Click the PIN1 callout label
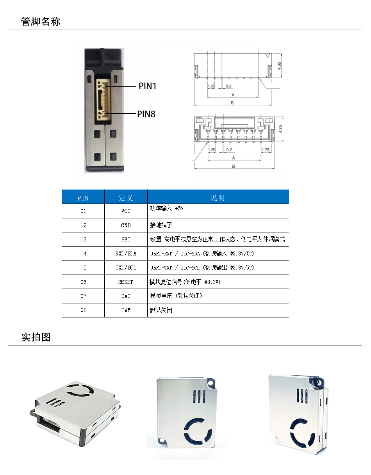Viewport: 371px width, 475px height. pyautogui.click(x=147, y=86)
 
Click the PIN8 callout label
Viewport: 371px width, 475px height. pyautogui.click(x=146, y=114)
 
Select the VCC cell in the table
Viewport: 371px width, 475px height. pyautogui.click(x=126, y=211)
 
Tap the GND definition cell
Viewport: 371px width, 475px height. pyautogui.click(x=126, y=225)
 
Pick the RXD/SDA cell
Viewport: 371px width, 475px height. pyautogui.click(x=126, y=253)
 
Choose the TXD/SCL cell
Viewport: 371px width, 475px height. pyautogui.click(x=126, y=268)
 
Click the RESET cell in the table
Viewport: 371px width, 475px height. pyautogui.click(x=126, y=282)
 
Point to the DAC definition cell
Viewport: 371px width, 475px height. pyautogui.click(x=126, y=296)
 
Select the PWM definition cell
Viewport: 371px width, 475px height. pyautogui.click(x=126, y=310)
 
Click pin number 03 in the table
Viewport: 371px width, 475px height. pyautogui.click(x=83, y=239)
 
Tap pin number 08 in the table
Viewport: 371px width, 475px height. pyautogui.click(x=83, y=310)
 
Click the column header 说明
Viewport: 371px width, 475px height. pyautogui.click(x=218, y=198)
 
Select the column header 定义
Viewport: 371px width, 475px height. pyautogui.click(x=126, y=198)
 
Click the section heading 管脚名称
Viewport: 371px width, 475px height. pyautogui.click(x=41, y=21)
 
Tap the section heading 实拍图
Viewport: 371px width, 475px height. pyautogui.click(x=36, y=337)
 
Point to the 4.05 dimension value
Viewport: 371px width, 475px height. pyautogui.click(x=279, y=66)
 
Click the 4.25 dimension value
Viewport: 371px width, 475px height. pyautogui.click(x=279, y=129)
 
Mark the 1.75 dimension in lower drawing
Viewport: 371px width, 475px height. pyautogui.click(x=265, y=150)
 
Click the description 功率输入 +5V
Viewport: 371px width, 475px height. pyautogui.click(x=167, y=209)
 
